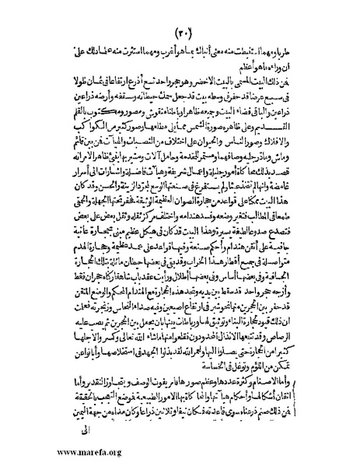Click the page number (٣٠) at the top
click(183, 33)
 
